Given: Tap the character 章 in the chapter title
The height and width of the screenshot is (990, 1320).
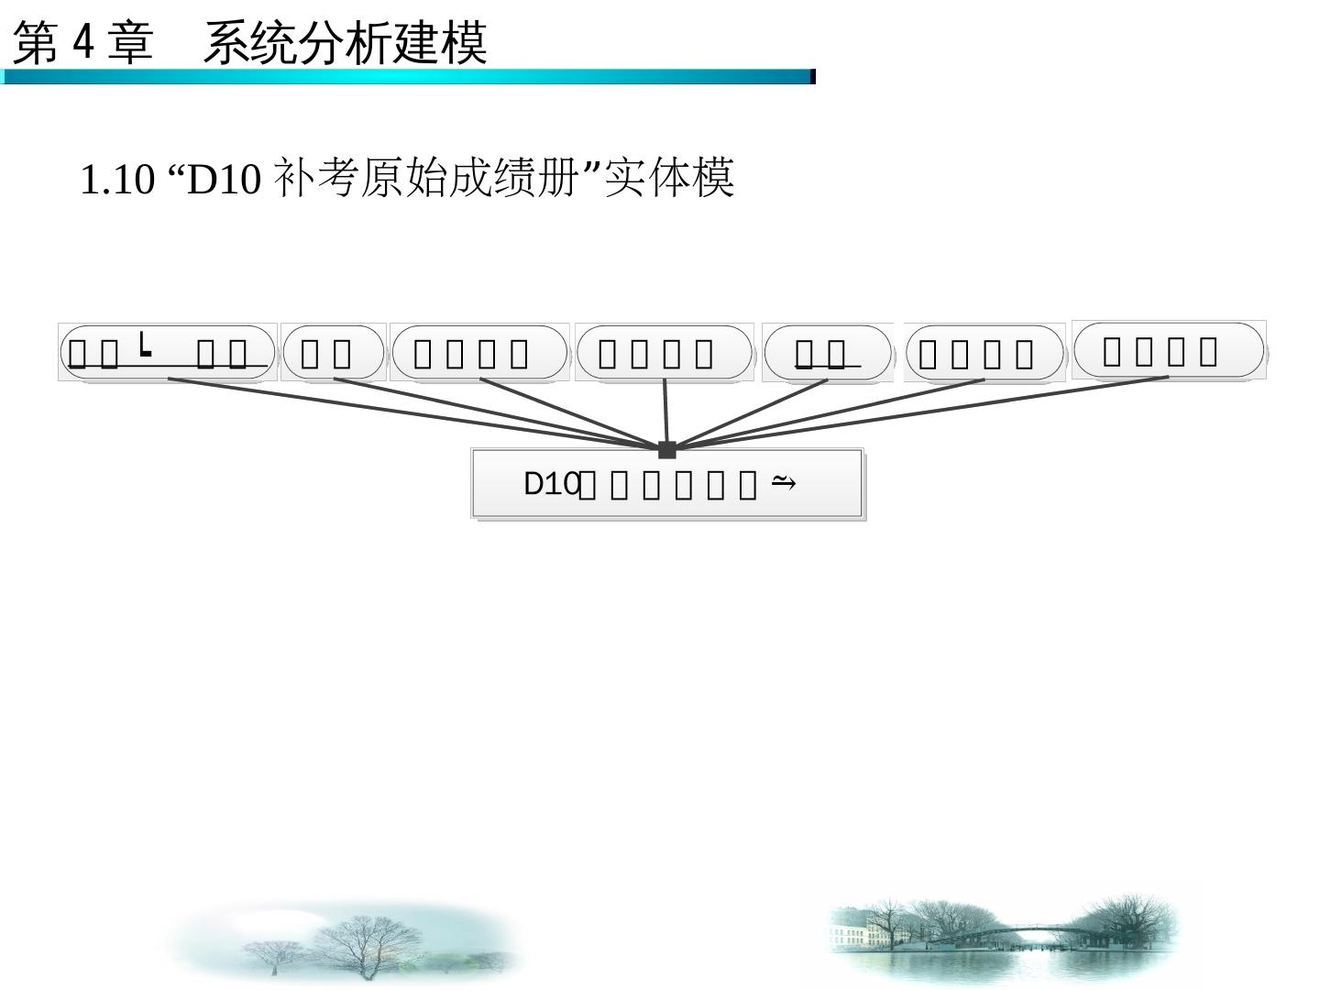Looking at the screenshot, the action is tap(130, 43).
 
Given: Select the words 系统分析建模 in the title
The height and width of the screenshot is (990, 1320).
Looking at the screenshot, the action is tap(345, 43).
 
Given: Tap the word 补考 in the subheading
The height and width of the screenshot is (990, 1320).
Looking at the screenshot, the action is tap(317, 179).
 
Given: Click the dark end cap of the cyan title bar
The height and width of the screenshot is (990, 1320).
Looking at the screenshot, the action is tap(812, 77).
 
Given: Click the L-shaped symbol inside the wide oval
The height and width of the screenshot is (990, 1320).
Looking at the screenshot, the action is tap(145, 346).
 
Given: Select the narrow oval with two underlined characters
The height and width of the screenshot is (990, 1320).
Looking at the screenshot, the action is tap(827, 353).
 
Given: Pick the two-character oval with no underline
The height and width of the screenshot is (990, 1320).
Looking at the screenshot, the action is tap(332, 353).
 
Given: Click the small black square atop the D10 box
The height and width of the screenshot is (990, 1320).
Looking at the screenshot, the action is tap(666, 449).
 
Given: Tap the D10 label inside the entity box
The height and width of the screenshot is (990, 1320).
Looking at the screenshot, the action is tap(551, 484).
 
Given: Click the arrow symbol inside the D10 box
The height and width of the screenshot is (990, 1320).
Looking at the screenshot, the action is tap(784, 481).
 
